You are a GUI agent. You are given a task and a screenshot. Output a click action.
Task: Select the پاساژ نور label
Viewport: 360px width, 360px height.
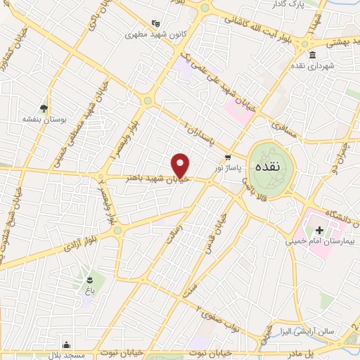(228, 169)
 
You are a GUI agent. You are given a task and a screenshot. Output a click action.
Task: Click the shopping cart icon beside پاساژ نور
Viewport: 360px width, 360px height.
(228, 157)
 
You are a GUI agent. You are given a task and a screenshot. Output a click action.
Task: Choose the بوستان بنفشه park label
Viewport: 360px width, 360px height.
(44, 120)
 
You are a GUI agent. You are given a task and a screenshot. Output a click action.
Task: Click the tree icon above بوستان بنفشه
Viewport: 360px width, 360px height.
(44, 108)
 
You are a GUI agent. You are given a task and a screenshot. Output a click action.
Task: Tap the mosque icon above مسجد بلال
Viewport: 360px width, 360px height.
(67, 345)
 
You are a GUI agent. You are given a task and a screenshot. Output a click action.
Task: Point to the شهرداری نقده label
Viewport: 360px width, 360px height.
(312, 66)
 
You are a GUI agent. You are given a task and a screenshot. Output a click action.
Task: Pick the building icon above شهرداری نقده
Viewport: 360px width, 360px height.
(312, 55)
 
